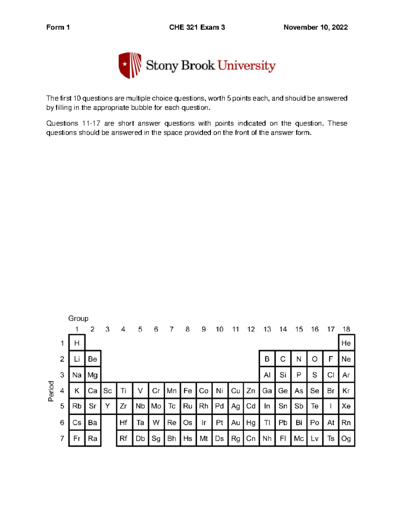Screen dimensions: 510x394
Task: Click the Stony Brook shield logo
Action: pos(130,65)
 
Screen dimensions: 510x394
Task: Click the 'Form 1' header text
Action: pos(58,27)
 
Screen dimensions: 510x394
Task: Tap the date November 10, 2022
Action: pos(316,27)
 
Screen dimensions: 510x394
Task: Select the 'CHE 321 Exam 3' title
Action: pos(197,27)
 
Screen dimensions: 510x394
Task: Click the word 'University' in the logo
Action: pos(247,66)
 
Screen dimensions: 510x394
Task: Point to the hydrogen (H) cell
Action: pos(77,343)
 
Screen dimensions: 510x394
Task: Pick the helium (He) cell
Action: pos(346,343)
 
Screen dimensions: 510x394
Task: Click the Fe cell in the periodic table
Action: pos(187,391)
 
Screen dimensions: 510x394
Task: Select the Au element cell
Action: pos(235,423)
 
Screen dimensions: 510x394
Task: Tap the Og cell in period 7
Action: pos(346,438)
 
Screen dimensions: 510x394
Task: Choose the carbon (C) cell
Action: pos(283,359)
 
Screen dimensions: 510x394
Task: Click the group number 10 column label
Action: pos(219,329)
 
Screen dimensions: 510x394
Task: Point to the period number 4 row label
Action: pos(62,391)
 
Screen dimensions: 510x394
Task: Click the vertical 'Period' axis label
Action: pos(51,391)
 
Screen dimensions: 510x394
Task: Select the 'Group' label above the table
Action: pos(78,318)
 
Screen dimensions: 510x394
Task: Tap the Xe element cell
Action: pos(346,406)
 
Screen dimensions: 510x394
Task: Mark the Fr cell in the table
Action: pos(77,438)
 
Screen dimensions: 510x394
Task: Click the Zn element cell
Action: pos(251,391)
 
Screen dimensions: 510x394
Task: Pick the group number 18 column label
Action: pos(346,329)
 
